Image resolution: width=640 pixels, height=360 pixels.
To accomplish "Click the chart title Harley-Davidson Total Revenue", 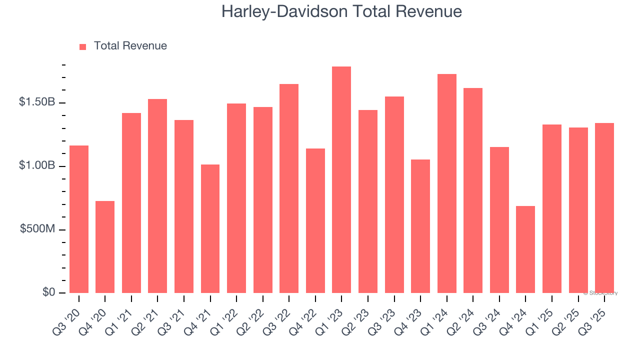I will click(x=341, y=11).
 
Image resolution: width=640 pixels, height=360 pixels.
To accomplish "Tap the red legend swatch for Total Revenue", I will click(x=83, y=46).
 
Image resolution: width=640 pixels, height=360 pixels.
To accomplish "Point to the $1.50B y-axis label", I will click(x=37, y=102).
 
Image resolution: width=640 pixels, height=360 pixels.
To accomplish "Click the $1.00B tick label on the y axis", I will click(x=37, y=165).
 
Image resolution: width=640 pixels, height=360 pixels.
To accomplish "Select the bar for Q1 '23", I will click(x=341, y=180).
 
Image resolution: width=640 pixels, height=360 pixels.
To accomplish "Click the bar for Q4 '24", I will click(x=525, y=249).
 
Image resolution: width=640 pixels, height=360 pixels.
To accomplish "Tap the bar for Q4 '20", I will click(x=105, y=247).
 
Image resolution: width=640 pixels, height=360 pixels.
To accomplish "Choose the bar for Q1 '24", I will click(x=446, y=183).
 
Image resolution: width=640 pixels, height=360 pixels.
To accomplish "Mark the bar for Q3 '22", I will click(x=289, y=188).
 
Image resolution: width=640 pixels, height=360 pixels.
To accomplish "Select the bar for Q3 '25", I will click(x=604, y=208).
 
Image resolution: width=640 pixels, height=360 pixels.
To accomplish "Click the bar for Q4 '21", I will click(x=210, y=228).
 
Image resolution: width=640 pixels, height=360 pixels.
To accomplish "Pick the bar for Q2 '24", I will click(x=473, y=190).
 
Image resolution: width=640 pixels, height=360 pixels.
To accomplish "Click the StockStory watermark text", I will click(x=600, y=293).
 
